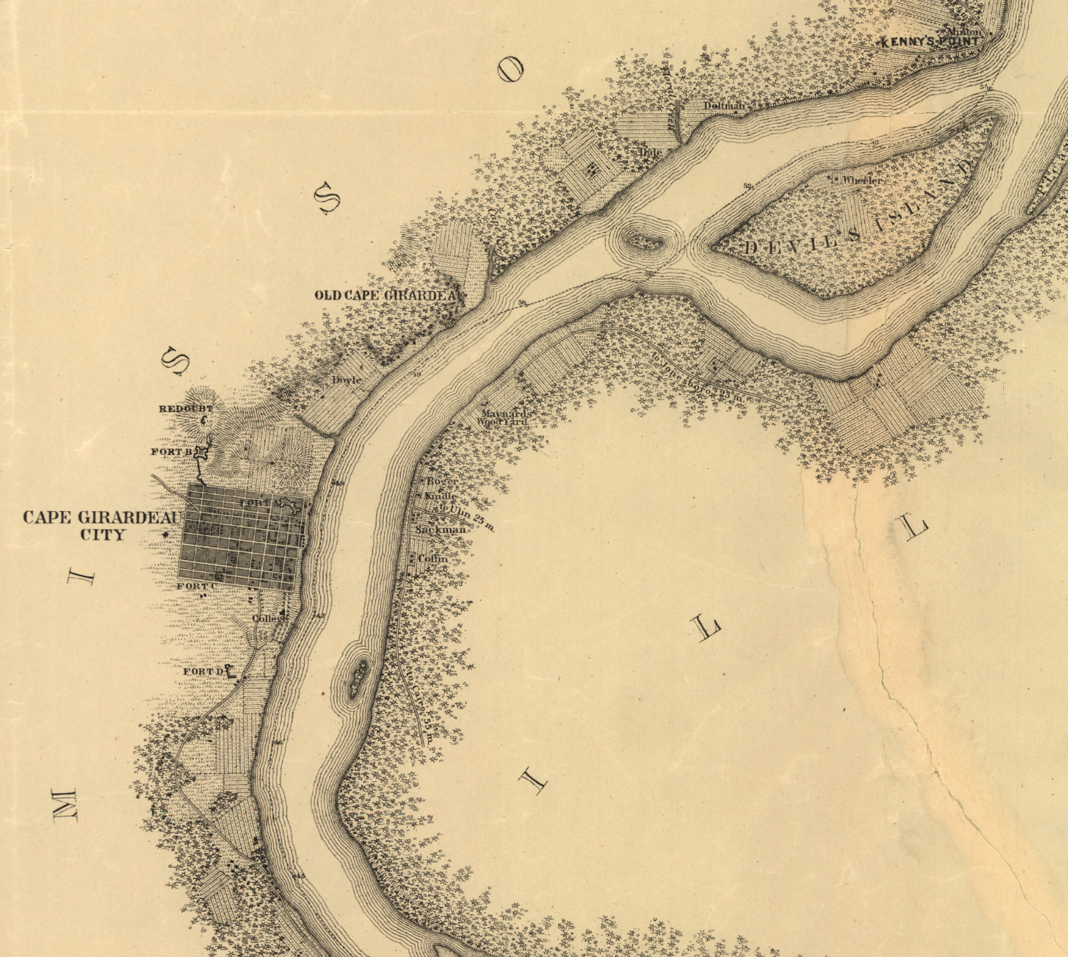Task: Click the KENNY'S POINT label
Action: [929, 42]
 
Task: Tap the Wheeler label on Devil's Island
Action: [862, 180]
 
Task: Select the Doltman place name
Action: [724, 106]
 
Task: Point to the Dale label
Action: [650, 152]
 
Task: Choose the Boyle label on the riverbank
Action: [347, 380]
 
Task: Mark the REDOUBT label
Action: [185, 409]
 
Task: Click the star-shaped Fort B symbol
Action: [202, 452]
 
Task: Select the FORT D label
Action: [203, 671]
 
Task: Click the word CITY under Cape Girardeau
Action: [103, 535]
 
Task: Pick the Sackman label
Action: [441, 530]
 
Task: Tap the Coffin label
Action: [433, 558]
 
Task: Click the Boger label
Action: [442, 481]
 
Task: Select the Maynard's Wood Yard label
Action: [503, 417]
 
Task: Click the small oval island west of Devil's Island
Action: [644, 242]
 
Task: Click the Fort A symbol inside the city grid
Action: [288, 506]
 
